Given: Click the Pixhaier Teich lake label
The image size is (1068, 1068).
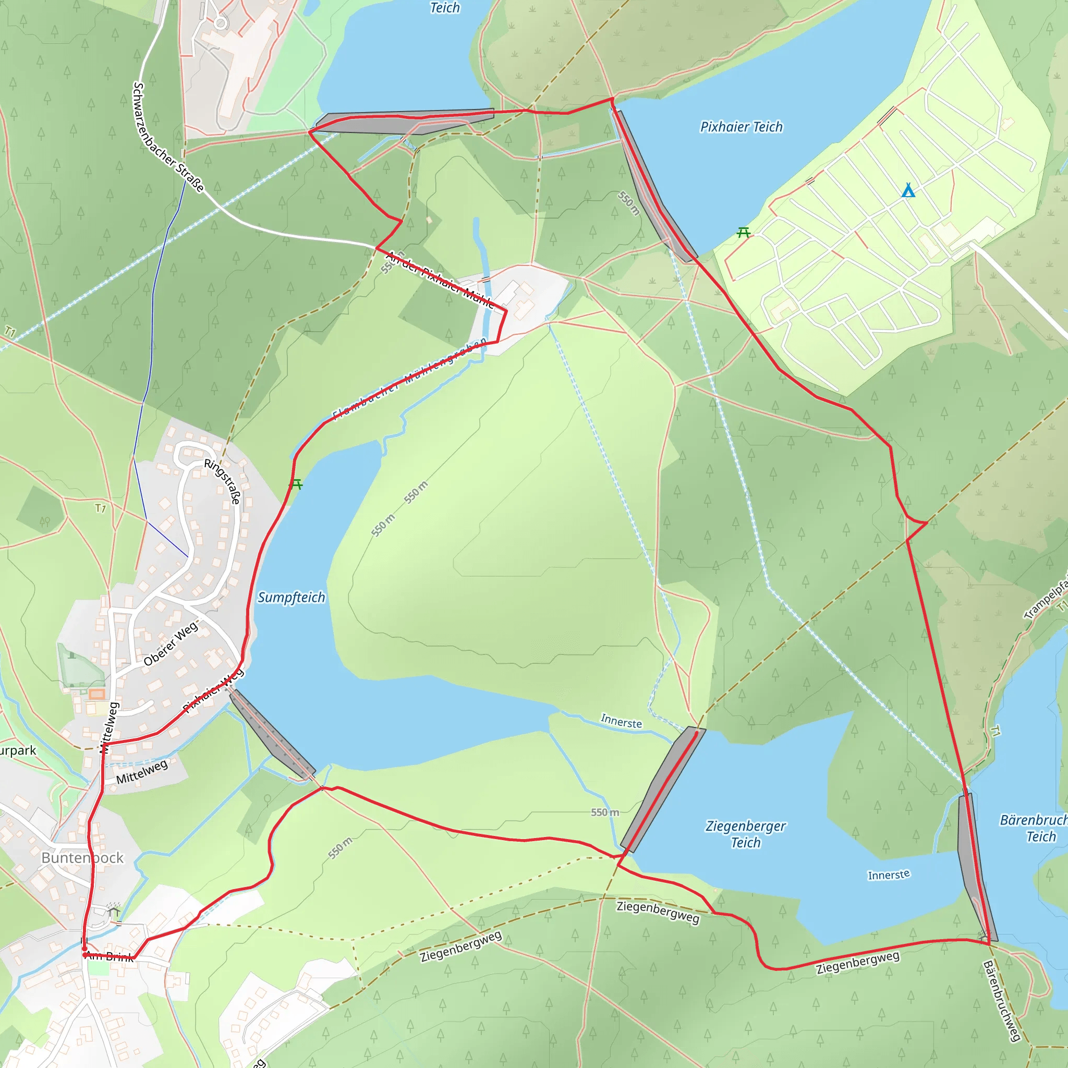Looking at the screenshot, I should pyautogui.click(x=742, y=127).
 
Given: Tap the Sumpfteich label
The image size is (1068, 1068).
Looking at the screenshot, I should pyautogui.click(x=292, y=598).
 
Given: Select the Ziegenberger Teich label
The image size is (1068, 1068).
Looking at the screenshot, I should pyautogui.click(x=746, y=834).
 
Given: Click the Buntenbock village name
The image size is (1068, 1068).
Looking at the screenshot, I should pyautogui.click(x=82, y=858).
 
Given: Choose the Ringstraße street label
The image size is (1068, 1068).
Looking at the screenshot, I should pyautogui.click(x=223, y=481).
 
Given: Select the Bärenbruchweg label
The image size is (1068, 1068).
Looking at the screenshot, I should pyautogui.click(x=1001, y=1001).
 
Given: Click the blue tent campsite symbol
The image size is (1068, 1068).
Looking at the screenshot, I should pyautogui.click(x=908, y=191).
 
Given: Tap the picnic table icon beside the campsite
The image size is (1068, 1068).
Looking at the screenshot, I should pyautogui.click(x=744, y=232).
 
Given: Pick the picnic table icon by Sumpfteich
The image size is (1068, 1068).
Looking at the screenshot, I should pyautogui.click(x=296, y=484).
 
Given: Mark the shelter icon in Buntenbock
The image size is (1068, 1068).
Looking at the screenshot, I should pyautogui.click(x=114, y=911).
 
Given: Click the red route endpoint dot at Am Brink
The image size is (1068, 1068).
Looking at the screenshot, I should pyautogui.click(x=84, y=955).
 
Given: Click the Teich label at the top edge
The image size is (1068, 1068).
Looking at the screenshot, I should pyautogui.click(x=445, y=8).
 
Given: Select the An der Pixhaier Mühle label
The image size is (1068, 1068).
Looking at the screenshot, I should pyautogui.click(x=440, y=279).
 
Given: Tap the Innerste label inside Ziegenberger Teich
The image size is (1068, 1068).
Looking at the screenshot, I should pyautogui.click(x=888, y=875).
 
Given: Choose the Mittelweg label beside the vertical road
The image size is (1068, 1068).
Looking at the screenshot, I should pyautogui.click(x=110, y=727).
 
